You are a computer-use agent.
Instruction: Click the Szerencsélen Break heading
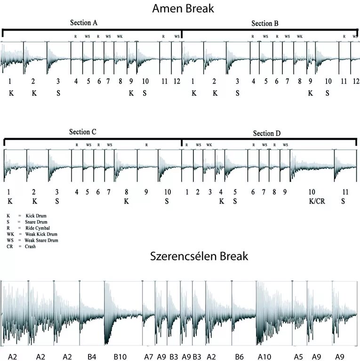(x=199, y=256)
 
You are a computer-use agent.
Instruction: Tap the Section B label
(x=265, y=24)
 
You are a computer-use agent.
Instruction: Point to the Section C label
(x=83, y=132)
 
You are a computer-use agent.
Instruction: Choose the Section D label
(x=266, y=133)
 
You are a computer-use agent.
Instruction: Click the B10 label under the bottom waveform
(x=120, y=357)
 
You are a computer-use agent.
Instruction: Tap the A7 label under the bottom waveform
(x=149, y=357)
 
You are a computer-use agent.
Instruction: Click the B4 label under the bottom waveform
(x=91, y=357)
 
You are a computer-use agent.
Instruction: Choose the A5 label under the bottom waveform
(x=298, y=357)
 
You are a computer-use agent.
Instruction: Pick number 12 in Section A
(x=177, y=81)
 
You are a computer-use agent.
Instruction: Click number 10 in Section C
(x=167, y=192)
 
